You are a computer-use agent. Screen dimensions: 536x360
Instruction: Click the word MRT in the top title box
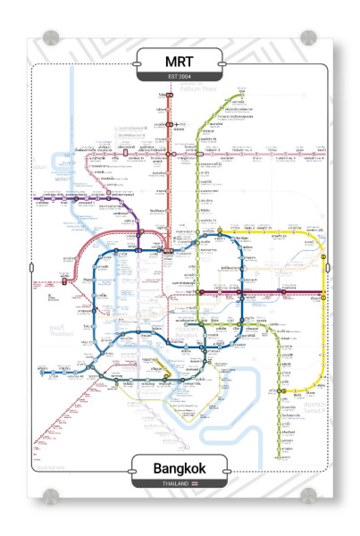180,62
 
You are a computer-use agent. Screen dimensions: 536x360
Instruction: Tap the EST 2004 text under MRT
180,76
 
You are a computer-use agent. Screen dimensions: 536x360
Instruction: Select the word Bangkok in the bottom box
180,468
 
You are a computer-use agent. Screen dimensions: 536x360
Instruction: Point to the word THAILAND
175,483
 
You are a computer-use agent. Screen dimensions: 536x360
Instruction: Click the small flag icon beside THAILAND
193,483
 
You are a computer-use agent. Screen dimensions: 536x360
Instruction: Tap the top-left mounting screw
50,38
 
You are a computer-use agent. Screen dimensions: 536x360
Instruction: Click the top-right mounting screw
309,38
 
